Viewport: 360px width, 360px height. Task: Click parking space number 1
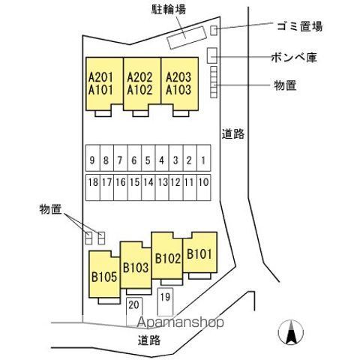pos(204,158)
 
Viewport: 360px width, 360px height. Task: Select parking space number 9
pos(93,158)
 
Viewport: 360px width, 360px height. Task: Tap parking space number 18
pos(93,187)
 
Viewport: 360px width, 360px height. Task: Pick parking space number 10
pos(204,187)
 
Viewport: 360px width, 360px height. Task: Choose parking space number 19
pos(165,302)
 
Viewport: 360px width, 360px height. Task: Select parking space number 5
pos(148,158)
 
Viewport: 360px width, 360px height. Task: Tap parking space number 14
pos(148,187)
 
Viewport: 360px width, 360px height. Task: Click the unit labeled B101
pos(199,253)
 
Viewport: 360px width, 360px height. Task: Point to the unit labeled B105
pos(104,274)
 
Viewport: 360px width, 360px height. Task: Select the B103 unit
pos(136,265)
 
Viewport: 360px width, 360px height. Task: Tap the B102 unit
pos(167,256)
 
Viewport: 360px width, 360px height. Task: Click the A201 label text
pos(100,77)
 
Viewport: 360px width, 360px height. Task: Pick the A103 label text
pos(178,90)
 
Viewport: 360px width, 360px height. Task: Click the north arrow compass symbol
pos(291,332)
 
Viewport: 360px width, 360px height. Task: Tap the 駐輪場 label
pos(169,9)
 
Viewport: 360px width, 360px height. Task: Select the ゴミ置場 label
pos(300,26)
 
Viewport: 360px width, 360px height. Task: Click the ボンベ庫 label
pos(294,57)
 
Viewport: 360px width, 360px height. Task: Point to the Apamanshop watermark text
pos(180,322)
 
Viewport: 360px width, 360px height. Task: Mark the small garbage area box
pos(214,31)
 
